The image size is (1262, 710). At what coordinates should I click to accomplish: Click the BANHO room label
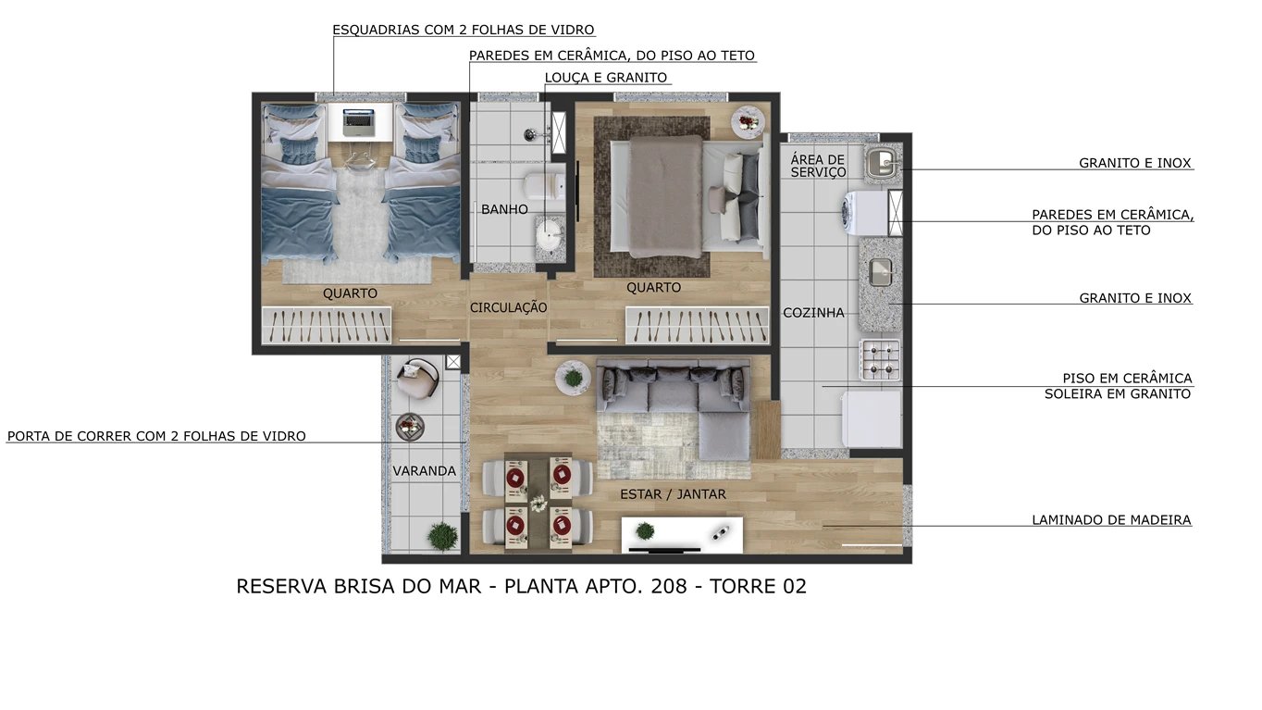pyautogui.click(x=504, y=209)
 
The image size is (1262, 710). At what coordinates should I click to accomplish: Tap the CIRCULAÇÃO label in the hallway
pyautogui.click(x=508, y=307)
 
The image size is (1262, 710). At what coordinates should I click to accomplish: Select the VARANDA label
pyautogui.click(x=424, y=471)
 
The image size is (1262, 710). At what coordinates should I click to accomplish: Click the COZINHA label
pyautogui.click(x=813, y=313)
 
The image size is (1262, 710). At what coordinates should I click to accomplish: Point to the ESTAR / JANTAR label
pyautogui.click(x=673, y=494)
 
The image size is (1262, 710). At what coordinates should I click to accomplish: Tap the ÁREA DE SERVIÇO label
pyautogui.click(x=818, y=166)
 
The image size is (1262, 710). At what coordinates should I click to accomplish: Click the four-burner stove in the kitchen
pyautogui.click(x=880, y=360)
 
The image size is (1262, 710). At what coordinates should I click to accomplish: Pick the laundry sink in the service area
pyautogui.click(x=883, y=165)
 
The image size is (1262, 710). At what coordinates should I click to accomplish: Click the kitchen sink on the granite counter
pyautogui.click(x=880, y=272)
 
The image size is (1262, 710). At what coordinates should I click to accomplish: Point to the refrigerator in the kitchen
pyautogui.click(x=870, y=418)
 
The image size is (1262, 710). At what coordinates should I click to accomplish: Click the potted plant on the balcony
pyautogui.click(x=442, y=536)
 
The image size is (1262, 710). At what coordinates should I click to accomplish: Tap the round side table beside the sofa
pyautogui.click(x=573, y=377)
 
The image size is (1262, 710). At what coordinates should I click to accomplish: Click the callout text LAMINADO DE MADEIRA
pyautogui.click(x=1111, y=520)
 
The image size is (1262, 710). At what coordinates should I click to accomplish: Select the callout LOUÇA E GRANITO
pyautogui.click(x=605, y=78)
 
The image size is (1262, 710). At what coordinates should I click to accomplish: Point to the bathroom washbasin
pyautogui.click(x=549, y=235)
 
